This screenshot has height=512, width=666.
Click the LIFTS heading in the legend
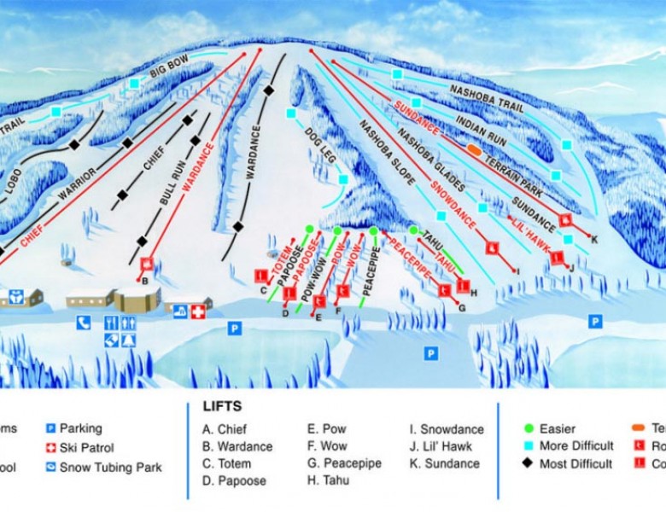tap(222, 406)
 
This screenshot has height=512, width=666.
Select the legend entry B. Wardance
tap(237, 446)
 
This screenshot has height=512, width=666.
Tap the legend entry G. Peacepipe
tap(344, 463)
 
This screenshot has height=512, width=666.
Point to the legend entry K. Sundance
tap(445, 463)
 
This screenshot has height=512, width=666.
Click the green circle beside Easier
tap(529, 428)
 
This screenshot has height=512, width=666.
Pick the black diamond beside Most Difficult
tap(529, 463)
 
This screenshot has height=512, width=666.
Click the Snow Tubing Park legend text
tap(110, 467)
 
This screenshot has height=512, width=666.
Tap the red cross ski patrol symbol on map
tap(199, 311)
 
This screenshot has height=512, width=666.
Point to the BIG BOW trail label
tap(168, 73)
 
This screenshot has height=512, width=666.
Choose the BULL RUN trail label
tap(173, 183)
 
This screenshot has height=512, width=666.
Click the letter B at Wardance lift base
tap(145, 280)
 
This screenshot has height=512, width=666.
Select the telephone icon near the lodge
tap(84, 322)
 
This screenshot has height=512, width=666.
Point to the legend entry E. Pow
tap(327, 429)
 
